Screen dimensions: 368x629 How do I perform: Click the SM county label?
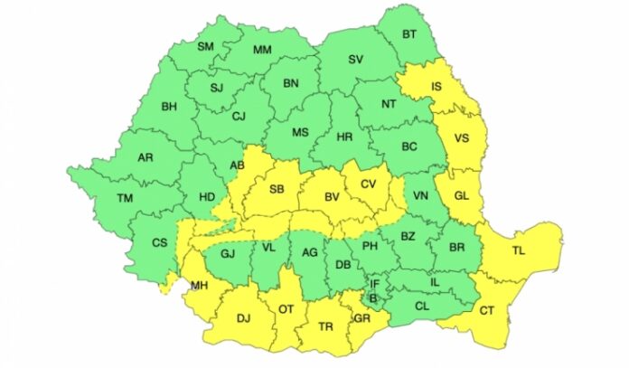(205, 46)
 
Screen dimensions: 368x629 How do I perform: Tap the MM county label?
(262, 50)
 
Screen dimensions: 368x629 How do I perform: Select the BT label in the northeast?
(408, 33)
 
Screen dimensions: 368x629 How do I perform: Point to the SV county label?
(356, 61)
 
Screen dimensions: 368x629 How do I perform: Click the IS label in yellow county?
(437, 88)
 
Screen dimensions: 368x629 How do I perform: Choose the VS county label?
(461, 139)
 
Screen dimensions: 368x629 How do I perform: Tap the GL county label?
(461, 195)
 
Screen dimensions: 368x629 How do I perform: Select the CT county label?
(487, 312)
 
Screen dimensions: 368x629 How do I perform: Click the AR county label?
(145, 157)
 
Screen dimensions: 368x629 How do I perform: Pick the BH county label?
(169, 107)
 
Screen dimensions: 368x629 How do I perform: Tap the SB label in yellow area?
(277, 188)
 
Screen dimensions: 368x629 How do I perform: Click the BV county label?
(332, 194)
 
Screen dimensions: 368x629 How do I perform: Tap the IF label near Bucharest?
(374, 284)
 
